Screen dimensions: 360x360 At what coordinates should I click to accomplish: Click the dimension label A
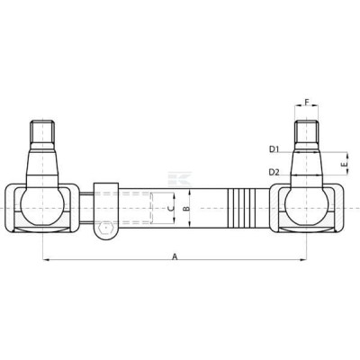coord(175,256)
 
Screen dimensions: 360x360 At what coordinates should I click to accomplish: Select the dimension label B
coord(186,208)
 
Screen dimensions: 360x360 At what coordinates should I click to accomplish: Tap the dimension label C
coord(170,209)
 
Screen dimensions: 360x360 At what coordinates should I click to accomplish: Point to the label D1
coord(274,148)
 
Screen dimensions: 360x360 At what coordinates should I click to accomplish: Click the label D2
coord(274,172)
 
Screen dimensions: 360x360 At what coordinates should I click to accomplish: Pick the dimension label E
coord(345,165)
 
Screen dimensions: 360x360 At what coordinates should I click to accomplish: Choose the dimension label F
coord(307,102)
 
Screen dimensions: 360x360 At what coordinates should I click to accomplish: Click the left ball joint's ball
coord(42,206)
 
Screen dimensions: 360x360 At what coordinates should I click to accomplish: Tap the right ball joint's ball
coord(307,206)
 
